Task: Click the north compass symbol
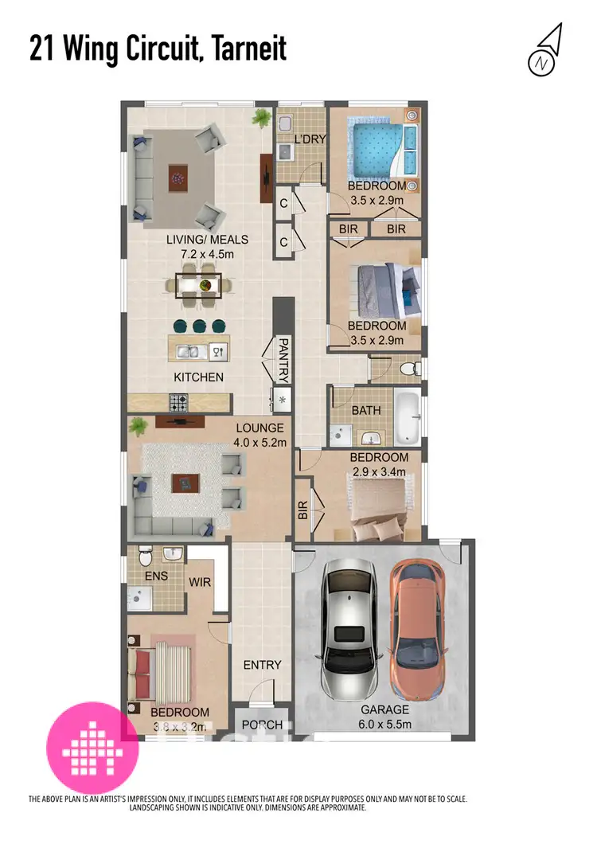click(544, 51)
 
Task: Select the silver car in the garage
click(346, 629)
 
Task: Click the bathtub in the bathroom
click(408, 417)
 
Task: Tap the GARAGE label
click(385, 709)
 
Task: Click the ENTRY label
click(263, 665)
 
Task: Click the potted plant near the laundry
click(261, 119)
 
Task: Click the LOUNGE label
click(253, 428)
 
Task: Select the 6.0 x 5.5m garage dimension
click(385, 725)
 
